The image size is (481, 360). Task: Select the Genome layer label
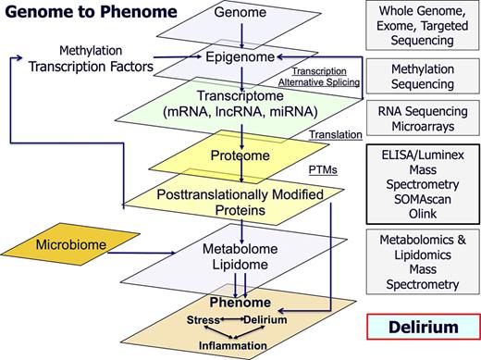coord(240,12)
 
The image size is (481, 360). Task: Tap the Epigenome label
coord(240,57)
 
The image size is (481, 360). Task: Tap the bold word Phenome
coord(240,303)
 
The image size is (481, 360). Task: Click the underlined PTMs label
coord(320,170)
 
